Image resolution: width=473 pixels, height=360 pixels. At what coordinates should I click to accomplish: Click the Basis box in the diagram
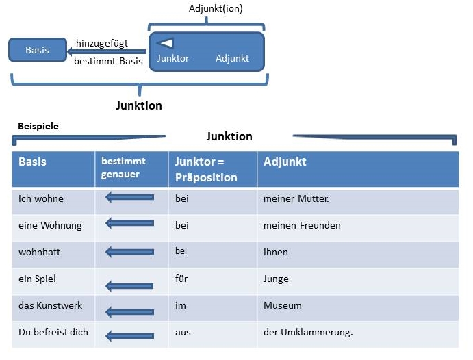[x=38, y=50]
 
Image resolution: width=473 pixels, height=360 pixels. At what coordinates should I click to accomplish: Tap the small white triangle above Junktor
[x=166, y=43]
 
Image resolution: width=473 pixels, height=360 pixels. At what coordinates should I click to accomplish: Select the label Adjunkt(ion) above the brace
[x=216, y=8]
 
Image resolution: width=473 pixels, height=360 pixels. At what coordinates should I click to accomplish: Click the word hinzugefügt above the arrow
[x=102, y=43]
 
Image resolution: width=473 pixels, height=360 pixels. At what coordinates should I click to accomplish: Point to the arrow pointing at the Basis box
[x=107, y=51]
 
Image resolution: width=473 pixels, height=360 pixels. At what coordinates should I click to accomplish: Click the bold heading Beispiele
[x=38, y=126]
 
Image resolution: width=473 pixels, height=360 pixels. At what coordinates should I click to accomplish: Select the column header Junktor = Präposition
[x=206, y=170]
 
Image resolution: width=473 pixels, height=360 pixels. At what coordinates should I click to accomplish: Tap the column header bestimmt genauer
[x=123, y=168]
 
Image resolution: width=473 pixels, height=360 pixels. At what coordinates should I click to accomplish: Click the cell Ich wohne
[x=41, y=198]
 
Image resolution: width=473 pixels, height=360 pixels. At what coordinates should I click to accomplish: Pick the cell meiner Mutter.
[x=296, y=198]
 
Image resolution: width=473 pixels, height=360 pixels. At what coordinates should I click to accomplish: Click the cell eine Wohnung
[x=50, y=226]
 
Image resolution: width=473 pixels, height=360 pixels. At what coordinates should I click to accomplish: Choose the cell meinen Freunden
[x=302, y=225]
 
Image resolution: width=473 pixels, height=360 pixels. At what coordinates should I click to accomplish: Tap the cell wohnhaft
[x=39, y=252]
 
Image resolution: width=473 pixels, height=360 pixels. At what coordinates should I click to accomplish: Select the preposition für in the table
[x=181, y=279]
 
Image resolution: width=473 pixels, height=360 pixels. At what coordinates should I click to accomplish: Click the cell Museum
[x=282, y=305]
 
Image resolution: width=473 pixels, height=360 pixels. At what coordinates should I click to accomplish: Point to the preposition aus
[x=183, y=332]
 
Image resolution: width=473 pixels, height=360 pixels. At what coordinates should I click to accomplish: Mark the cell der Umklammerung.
[x=308, y=332]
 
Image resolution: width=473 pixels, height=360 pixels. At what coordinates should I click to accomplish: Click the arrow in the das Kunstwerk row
[x=129, y=312]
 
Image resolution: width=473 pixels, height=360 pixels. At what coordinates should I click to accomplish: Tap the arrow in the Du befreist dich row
[x=129, y=336]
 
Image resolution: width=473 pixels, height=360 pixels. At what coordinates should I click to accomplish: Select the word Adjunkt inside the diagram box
[x=232, y=58]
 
